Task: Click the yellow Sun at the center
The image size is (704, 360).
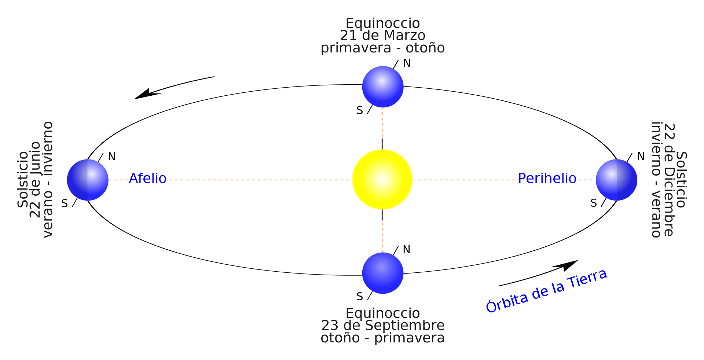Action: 382,179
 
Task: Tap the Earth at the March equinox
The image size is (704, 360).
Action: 383,87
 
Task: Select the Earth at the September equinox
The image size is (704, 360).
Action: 383,273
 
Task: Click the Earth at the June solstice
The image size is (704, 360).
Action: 88,180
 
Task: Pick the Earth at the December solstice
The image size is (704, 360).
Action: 616,180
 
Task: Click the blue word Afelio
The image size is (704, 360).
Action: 148,179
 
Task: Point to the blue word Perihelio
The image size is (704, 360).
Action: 547,179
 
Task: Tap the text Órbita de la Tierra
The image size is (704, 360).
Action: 546,291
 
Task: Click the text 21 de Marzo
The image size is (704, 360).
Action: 382,36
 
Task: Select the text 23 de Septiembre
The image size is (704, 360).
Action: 383,326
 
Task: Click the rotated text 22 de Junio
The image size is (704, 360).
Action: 35,180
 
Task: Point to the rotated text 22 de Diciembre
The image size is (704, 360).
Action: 669,180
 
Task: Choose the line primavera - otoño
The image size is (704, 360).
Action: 382,48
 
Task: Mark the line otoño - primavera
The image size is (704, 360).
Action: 382,338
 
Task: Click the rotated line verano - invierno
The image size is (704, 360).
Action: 48,180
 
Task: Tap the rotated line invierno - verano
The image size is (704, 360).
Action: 656,180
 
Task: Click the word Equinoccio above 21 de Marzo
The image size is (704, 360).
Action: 382,23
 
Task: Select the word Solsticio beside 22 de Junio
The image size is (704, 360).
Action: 23,180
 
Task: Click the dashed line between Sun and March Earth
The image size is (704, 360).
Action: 383,128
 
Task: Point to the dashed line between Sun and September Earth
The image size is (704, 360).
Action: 383,231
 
